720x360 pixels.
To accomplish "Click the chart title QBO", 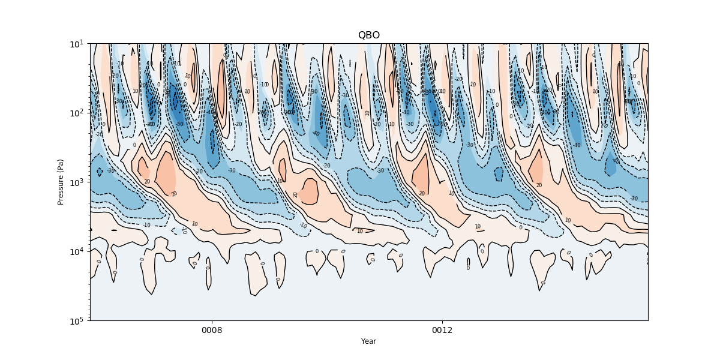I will coord(368,35).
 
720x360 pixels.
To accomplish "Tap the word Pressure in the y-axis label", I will coord(61,188).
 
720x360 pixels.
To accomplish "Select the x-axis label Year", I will coord(368,341).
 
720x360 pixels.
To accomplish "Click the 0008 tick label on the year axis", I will coord(212,331).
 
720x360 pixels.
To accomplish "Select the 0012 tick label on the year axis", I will coord(443,331).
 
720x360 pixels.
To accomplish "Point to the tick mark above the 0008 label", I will coord(212,322).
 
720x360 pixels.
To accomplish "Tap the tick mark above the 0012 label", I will coord(443,322).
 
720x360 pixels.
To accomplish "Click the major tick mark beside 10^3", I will coord(89,182).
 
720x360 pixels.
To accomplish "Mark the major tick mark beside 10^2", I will coord(89,113).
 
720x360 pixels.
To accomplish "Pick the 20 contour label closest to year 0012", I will coord(422,193).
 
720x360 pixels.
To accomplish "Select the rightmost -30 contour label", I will coord(634,198).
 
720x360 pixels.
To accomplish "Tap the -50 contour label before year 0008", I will coord(179,124).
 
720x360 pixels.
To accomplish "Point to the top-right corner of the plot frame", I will coord(648,43).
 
